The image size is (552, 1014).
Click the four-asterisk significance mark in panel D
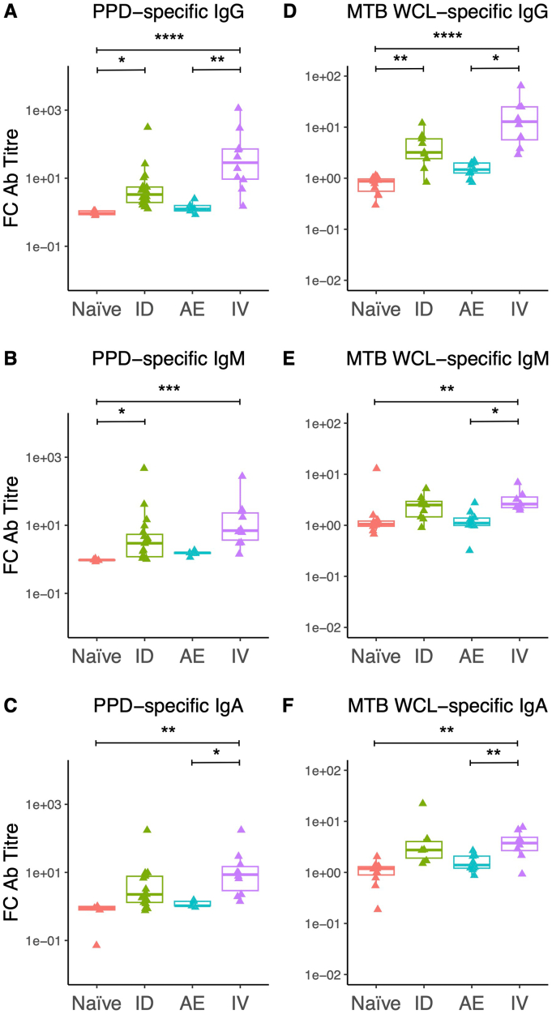click(446, 36)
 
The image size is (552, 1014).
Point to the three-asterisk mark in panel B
click(169, 389)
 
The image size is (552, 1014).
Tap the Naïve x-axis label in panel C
click(96, 998)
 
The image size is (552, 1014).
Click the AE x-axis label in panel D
click(471, 308)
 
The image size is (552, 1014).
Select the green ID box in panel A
click(144, 195)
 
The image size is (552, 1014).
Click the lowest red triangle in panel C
click(96, 944)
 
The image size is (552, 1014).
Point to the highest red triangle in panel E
click(375, 468)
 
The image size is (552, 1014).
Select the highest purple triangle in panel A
click(240, 107)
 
